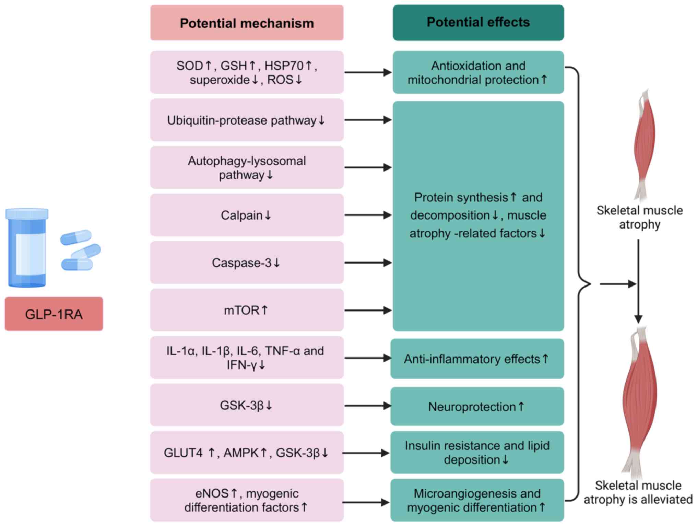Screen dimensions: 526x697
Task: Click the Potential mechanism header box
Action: (x=247, y=23)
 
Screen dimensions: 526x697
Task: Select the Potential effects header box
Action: (x=478, y=23)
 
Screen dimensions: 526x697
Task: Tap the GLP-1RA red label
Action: (x=54, y=314)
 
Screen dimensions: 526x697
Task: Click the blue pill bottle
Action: (x=27, y=247)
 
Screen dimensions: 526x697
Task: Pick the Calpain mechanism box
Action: (x=247, y=215)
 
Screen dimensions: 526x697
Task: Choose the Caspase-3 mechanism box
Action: (x=247, y=262)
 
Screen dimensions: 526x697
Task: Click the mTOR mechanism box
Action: (x=247, y=310)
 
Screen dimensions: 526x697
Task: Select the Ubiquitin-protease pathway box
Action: (x=247, y=120)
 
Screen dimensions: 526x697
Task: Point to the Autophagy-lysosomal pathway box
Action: (x=247, y=167)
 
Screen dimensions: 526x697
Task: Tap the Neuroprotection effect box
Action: (x=477, y=406)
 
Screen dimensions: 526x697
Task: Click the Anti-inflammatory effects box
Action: (x=477, y=359)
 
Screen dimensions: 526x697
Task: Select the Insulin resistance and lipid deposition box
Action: (x=477, y=453)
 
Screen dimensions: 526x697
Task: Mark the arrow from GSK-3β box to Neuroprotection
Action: (x=367, y=406)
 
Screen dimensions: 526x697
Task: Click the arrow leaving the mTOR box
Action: (x=367, y=310)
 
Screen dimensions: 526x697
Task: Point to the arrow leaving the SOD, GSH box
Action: (x=367, y=72)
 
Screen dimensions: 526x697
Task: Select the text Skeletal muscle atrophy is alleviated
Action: (x=638, y=492)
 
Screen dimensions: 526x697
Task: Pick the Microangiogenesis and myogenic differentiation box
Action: (x=477, y=500)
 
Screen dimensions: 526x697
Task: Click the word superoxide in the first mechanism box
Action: (x=220, y=80)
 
